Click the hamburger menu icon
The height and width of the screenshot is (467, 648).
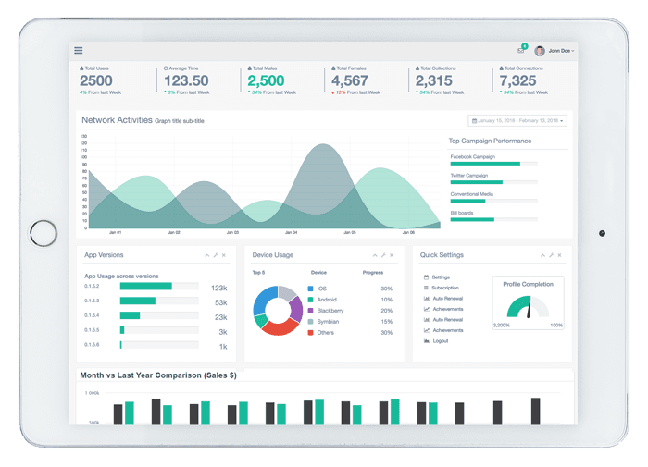pos(79,50)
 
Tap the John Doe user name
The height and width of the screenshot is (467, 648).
pos(560,51)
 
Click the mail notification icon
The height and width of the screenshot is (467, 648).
pos(521,50)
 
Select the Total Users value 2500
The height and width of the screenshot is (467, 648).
pos(96,80)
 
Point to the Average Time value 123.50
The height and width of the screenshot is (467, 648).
pos(186,80)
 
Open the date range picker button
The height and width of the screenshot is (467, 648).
pos(518,120)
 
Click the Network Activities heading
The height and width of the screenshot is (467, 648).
pos(117,120)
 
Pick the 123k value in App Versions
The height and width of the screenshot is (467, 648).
pos(219,288)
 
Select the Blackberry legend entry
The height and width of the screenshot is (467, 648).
pos(330,311)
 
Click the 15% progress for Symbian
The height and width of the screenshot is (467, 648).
pos(386,322)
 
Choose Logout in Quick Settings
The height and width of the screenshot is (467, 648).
pos(440,341)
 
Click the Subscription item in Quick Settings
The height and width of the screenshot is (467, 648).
pos(444,288)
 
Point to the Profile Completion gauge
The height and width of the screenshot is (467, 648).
pos(529,308)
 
